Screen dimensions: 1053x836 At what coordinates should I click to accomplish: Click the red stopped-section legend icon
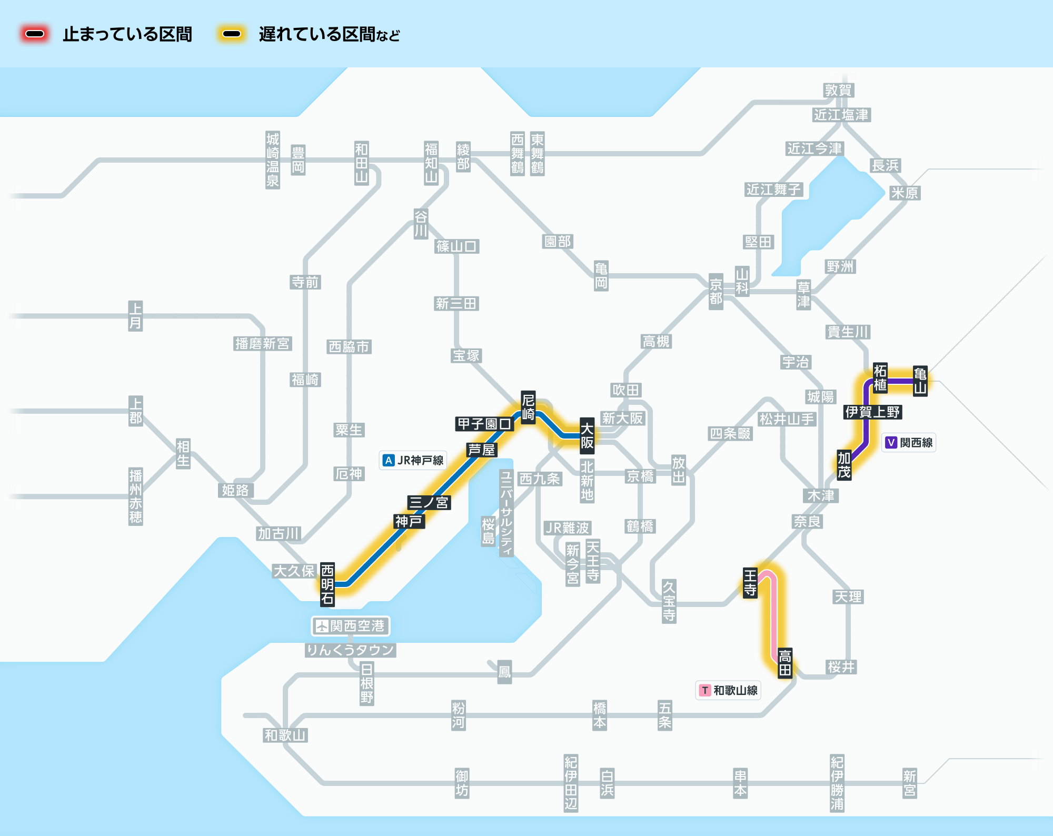[35, 34]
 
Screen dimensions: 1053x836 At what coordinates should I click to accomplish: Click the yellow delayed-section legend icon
[232, 34]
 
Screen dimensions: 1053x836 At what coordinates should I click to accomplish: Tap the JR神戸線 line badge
[413, 460]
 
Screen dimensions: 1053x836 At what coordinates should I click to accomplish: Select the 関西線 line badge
[909, 442]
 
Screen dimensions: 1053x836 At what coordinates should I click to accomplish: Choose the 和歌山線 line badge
[729, 690]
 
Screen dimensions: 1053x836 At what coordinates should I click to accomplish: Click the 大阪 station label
[587, 436]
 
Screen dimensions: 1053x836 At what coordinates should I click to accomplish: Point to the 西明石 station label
[327, 584]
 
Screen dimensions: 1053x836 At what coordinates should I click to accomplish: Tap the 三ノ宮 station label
[429, 502]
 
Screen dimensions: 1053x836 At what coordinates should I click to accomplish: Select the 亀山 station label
[920, 381]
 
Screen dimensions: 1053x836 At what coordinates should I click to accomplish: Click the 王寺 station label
[750, 583]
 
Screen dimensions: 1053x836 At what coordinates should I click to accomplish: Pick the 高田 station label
[785, 663]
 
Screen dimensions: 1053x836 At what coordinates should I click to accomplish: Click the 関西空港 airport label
[351, 626]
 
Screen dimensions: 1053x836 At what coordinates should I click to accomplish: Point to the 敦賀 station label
[838, 90]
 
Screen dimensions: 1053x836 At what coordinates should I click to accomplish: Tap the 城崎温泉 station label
[273, 160]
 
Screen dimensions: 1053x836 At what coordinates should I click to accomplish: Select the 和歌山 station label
[285, 735]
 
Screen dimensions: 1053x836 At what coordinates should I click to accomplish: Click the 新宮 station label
[909, 783]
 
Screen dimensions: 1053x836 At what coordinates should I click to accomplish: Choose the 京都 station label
[716, 292]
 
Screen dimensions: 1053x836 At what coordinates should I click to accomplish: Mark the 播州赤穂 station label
[136, 496]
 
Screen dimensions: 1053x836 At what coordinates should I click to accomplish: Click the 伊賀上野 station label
[872, 412]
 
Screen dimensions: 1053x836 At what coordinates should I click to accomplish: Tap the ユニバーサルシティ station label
[506, 513]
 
